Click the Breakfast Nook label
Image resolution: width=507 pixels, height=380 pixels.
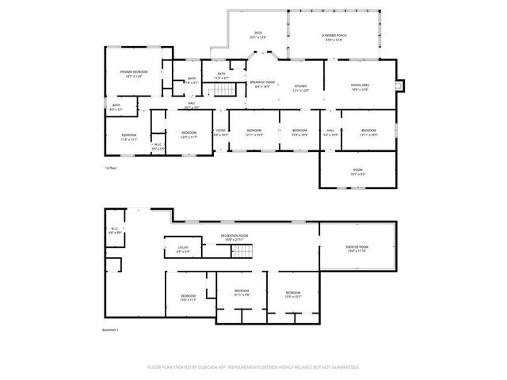262,84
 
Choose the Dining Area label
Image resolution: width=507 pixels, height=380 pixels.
360,87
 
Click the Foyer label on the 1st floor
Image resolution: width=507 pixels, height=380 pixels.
221,132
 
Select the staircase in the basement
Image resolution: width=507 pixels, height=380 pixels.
242,253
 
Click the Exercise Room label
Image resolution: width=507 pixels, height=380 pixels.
356,249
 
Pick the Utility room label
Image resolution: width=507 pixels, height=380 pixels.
183,249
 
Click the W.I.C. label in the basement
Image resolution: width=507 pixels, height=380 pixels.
115,230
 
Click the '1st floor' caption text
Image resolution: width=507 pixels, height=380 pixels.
111,168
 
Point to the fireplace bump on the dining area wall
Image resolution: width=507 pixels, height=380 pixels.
398,85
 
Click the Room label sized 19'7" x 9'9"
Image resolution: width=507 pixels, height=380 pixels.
357,171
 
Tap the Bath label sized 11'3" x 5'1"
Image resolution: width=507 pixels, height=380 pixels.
222,77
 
